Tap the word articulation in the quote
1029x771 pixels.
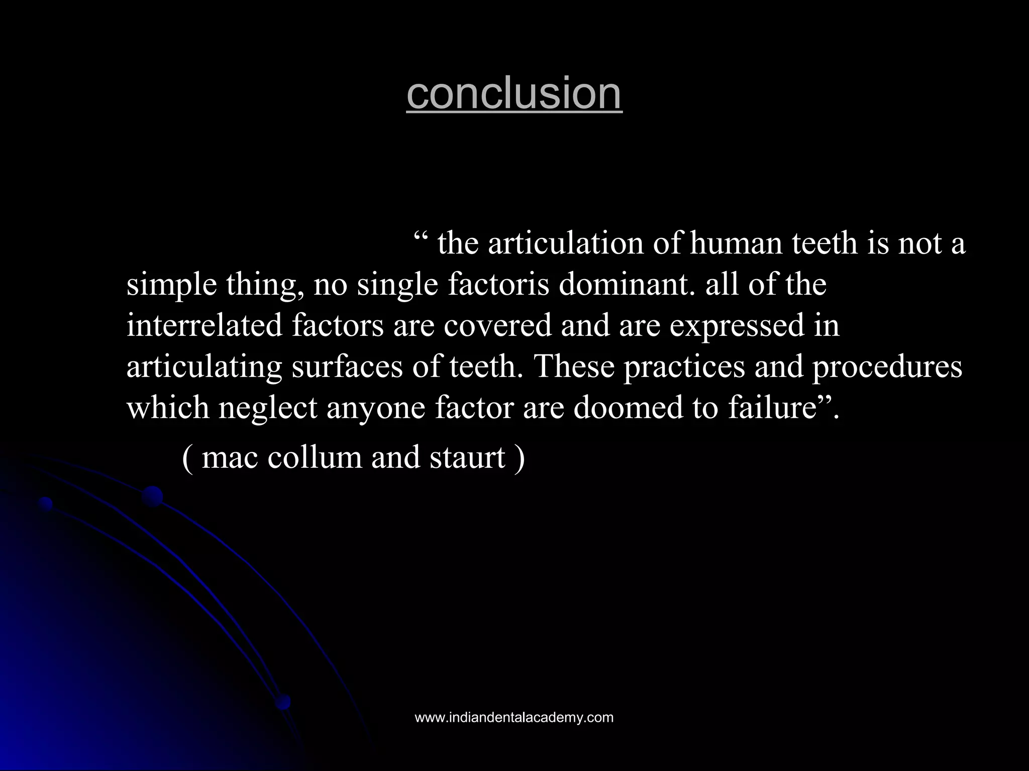(566, 243)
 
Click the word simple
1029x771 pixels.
(171, 285)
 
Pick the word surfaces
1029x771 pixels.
(347, 366)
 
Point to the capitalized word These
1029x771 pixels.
(574, 366)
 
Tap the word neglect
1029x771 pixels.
(267, 408)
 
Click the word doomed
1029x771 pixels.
(629, 408)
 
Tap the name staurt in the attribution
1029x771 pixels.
(467, 457)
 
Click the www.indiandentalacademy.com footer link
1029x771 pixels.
(514, 717)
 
